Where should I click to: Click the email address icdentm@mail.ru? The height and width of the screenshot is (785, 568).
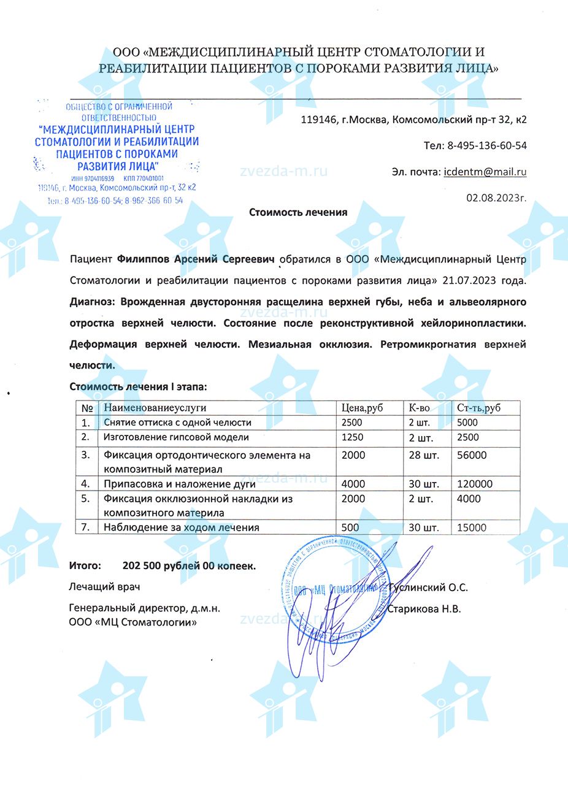click(485, 172)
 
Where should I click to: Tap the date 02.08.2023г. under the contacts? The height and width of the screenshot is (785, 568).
click(496, 198)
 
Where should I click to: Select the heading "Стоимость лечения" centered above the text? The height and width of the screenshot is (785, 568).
click(298, 212)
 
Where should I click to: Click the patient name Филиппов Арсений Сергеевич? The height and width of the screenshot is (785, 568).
click(195, 259)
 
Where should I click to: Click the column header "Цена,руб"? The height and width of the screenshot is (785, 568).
click(362, 408)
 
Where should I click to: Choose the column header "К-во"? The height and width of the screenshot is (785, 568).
click(420, 408)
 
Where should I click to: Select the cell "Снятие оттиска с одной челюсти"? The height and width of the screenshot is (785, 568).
click(178, 423)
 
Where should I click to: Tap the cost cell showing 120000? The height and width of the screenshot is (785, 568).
click(475, 484)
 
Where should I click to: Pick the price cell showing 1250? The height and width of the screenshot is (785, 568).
click(353, 437)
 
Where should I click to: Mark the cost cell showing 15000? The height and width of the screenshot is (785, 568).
click(472, 527)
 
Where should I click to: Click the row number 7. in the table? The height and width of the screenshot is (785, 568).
click(86, 527)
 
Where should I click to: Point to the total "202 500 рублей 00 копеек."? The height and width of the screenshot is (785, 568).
click(189, 566)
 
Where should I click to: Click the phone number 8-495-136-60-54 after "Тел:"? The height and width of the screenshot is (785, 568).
click(488, 146)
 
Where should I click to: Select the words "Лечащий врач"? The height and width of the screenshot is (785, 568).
click(105, 587)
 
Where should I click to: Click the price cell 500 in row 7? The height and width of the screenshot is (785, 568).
click(350, 527)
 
